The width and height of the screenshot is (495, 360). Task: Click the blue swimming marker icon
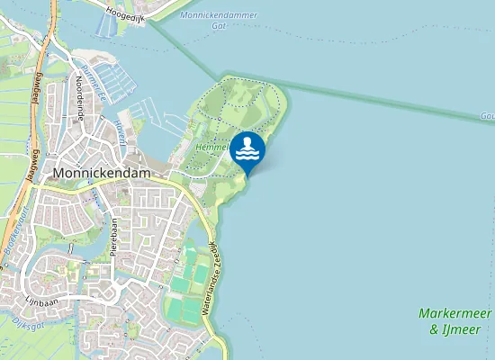point(247,150)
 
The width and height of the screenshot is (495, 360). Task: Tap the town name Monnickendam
point(104,172)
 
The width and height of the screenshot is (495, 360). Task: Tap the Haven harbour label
point(119,132)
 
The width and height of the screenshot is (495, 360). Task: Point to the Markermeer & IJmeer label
point(454,321)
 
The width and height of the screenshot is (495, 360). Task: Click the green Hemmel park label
point(210,147)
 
